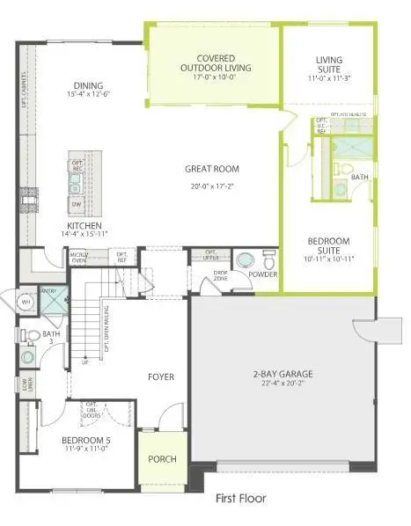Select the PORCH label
pos(162,459)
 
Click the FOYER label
pos(160,377)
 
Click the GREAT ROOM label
pos(212,169)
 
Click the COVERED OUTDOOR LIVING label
pos(214,62)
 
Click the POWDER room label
pos(262,274)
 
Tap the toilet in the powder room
pos(268,259)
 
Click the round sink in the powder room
pos(244,261)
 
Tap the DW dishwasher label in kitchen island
pos(76,203)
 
